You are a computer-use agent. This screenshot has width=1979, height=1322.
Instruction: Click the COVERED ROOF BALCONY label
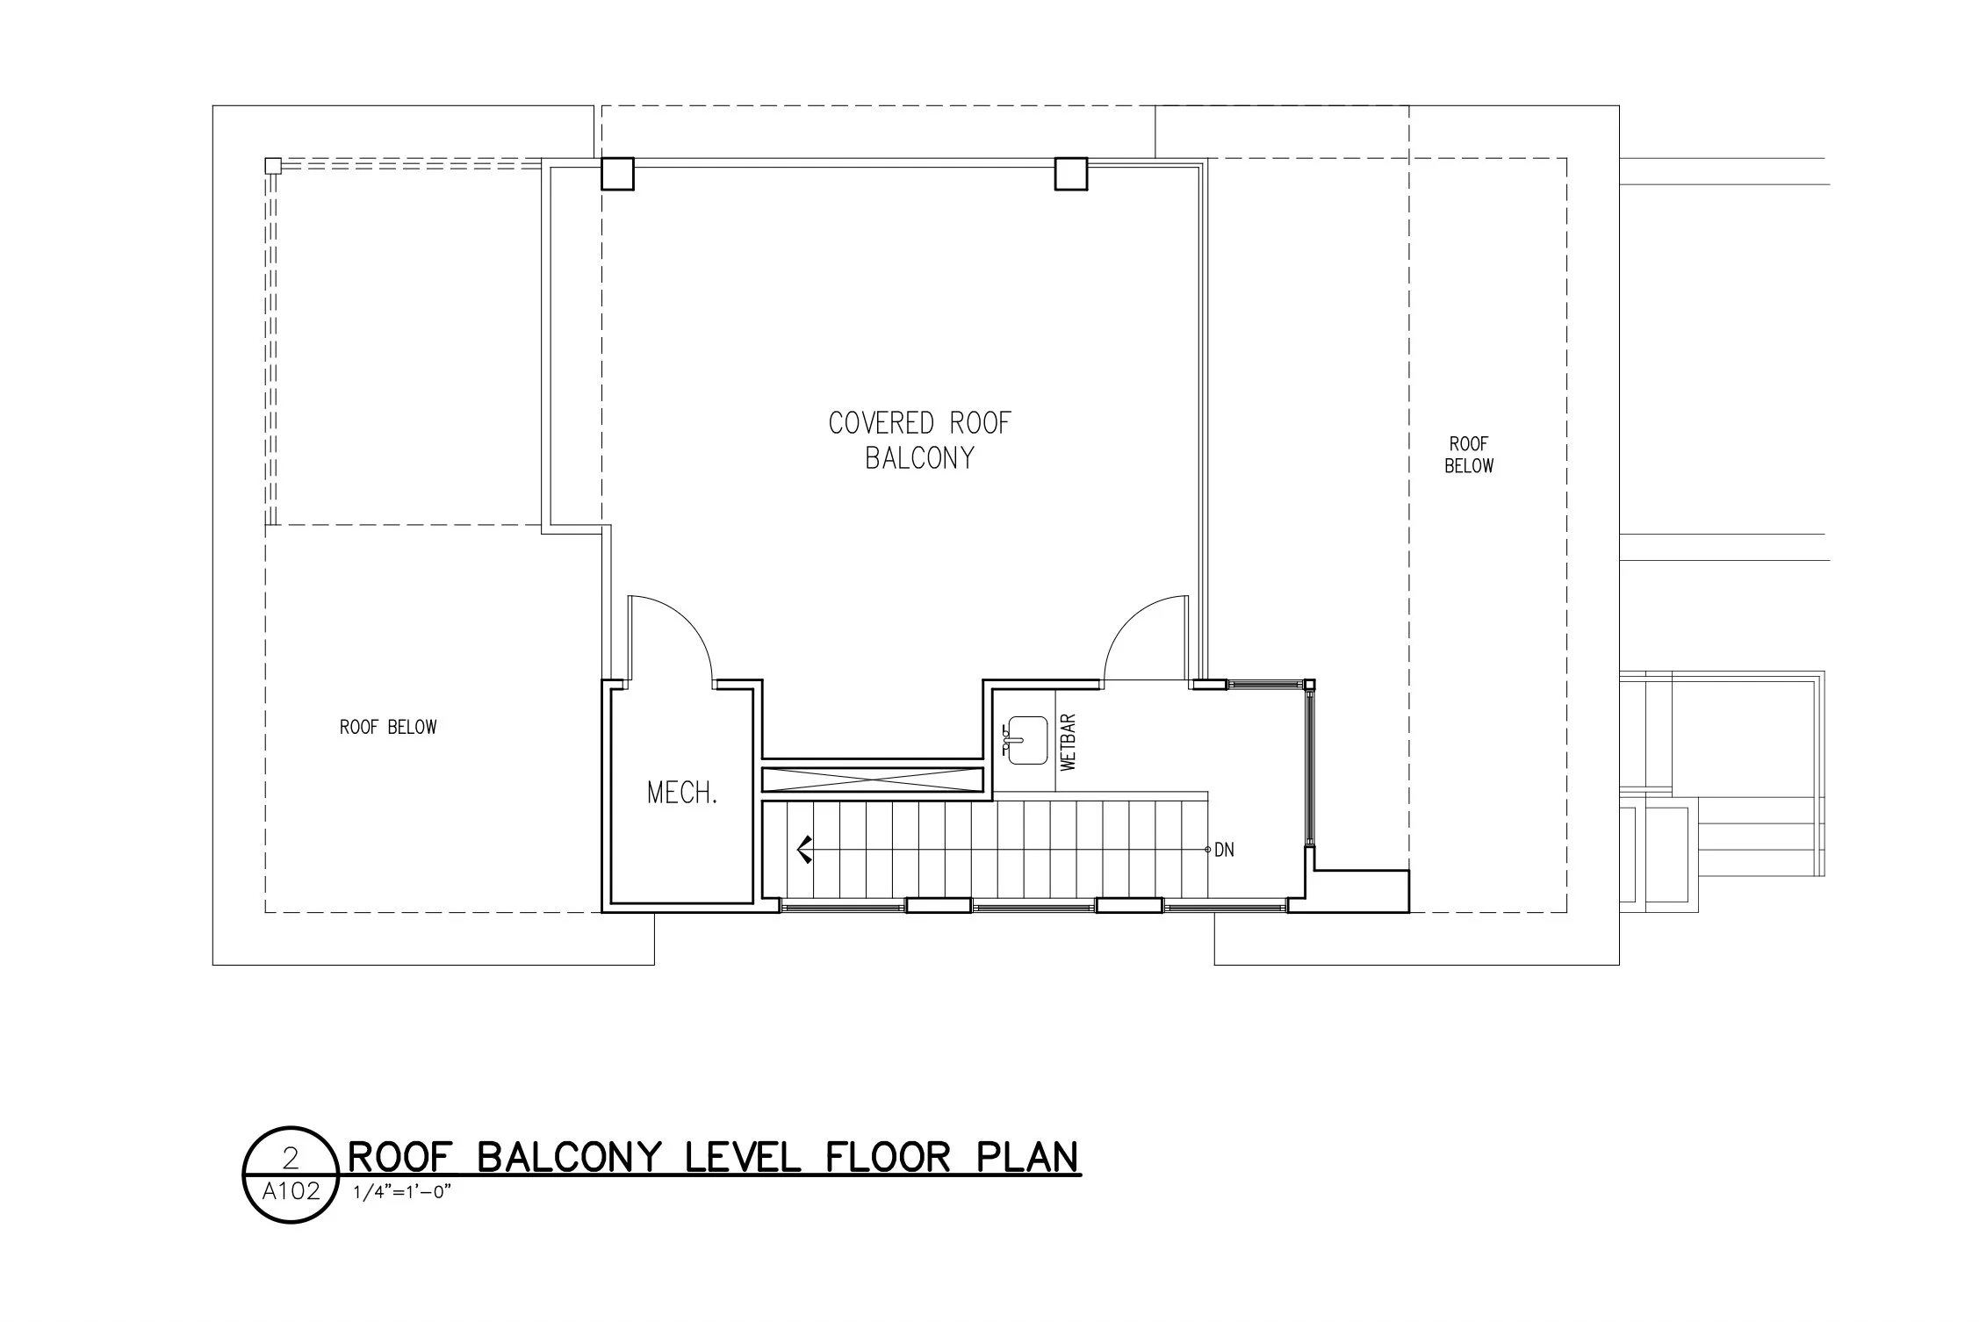tap(919, 441)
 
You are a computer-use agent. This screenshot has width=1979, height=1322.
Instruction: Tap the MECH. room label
tap(682, 794)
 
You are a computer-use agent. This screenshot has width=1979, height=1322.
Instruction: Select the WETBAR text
tap(1069, 743)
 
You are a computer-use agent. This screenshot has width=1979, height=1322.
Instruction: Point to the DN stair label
tap(1224, 850)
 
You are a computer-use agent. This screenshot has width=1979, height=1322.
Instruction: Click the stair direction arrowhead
tap(802, 850)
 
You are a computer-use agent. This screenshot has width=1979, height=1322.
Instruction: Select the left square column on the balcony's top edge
tap(617, 173)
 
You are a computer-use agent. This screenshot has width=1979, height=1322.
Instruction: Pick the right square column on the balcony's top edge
tap(1070, 173)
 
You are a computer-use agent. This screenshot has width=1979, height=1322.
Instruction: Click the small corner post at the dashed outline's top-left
tap(273, 165)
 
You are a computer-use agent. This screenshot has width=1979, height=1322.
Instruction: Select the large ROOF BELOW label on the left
tap(388, 727)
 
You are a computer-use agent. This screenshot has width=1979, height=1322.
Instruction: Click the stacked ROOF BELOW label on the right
tap(1469, 455)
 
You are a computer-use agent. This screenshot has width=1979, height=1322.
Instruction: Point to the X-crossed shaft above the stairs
tap(872, 780)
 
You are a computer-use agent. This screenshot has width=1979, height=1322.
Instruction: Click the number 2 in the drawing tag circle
tap(291, 1160)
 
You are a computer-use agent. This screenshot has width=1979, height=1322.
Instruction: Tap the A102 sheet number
tap(291, 1192)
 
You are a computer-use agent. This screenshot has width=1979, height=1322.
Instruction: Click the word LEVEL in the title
tap(742, 1158)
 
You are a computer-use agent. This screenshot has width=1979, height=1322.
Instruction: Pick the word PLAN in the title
tap(1027, 1158)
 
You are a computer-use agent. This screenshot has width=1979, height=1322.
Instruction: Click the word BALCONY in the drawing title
tap(568, 1158)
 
